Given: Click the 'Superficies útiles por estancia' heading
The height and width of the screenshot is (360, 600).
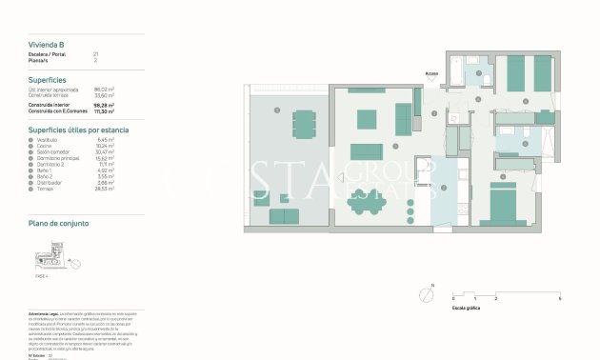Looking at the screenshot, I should click(x=78, y=129).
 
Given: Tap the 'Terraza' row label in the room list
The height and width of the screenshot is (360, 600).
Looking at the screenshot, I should click(x=47, y=189).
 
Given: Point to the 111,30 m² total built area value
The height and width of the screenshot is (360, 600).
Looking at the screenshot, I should click(x=105, y=112).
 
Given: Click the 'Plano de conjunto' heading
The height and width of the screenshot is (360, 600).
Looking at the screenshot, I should click(x=59, y=222).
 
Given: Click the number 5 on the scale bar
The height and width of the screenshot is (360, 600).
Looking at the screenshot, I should click(x=560, y=299).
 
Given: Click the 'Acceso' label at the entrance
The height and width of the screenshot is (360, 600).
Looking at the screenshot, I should click(x=431, y=72).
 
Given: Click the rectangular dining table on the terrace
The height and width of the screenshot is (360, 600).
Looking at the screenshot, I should click(x=304, y=123).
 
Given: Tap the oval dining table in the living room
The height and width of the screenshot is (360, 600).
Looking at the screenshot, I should click(x=364, y=200).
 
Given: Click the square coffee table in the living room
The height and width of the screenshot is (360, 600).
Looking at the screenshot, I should click(x=367, y=118).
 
